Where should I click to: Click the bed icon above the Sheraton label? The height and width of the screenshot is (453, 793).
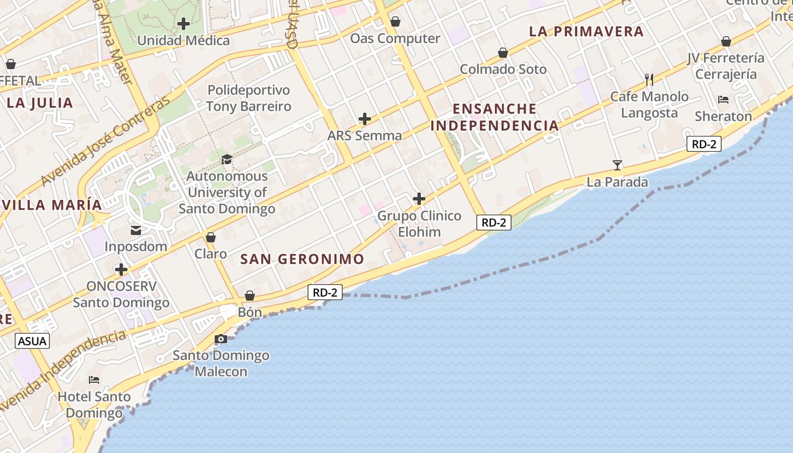tap(723, 100)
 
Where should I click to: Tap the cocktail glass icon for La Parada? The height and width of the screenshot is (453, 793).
tap(617, 165)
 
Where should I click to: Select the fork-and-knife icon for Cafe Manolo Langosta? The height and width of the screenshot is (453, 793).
tap(649, 80)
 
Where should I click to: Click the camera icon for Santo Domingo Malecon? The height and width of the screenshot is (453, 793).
tap(221, 339)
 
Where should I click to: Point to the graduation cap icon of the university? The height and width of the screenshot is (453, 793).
tap(227, 159)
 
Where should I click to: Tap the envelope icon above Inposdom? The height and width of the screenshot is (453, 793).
tap(136, 230)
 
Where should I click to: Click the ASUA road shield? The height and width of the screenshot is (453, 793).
tap(32, 341)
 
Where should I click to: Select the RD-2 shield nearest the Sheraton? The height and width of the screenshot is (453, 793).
tap(704, 144)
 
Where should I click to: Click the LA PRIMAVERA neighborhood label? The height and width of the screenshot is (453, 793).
tap(586, 32)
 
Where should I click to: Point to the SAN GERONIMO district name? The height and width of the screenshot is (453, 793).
tap(302, 259)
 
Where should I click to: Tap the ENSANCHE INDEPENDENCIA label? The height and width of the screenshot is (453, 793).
tap(494, 117)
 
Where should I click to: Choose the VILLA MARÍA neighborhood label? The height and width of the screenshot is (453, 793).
tap(52, 205)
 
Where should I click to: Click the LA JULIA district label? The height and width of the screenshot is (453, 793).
tap(40, 103)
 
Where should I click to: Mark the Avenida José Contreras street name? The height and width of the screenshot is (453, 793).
tap(106, 142)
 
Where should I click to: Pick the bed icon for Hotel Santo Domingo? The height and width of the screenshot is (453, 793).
tap(94, 379)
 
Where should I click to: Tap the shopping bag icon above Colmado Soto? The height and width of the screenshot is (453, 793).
tap(502, 53)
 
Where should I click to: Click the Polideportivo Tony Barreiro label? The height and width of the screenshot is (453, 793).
tap(249, 98)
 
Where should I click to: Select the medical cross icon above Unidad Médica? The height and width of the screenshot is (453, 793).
tap(184, 24)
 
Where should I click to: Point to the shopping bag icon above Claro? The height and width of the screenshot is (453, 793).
tap(211, 237)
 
